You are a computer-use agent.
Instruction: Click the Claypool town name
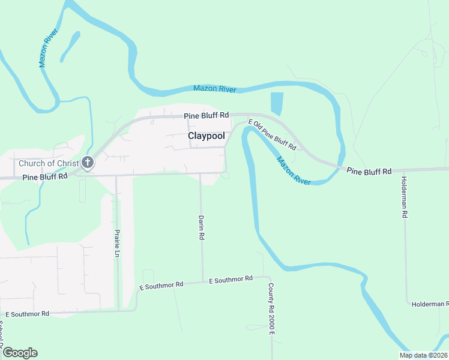coord(206,136)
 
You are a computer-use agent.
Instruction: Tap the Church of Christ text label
coord(49,163)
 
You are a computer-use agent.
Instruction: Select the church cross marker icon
coord(88,162)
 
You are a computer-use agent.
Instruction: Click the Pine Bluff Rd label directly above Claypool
coord(206,115)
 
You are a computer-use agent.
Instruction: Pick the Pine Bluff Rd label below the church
coord(46,178)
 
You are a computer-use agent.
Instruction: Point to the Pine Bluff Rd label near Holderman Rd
coord(369,171)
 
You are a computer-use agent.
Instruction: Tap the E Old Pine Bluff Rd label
coord(273,135)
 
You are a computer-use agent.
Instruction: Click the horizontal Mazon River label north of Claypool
coord(215,89)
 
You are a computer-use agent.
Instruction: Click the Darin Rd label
coord(202,228)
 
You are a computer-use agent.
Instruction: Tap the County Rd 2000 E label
coord(271,308)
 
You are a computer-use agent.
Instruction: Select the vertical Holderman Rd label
coord(405,197)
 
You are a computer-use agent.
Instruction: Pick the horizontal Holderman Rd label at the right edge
coord(430,304)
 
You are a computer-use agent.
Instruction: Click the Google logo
coord(20,353)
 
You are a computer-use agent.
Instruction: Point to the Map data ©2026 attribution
coord(423,355)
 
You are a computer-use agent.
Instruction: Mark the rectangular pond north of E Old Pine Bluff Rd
coord(277,104)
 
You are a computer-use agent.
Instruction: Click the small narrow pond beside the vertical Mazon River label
coord(70,46)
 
